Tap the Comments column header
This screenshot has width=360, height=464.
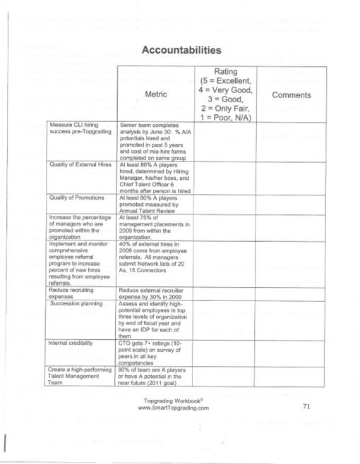coord(291,94)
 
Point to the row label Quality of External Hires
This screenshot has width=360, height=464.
coord(80,164)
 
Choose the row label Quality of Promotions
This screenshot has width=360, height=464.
coord(77,197)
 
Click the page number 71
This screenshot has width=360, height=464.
coord(306,407)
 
